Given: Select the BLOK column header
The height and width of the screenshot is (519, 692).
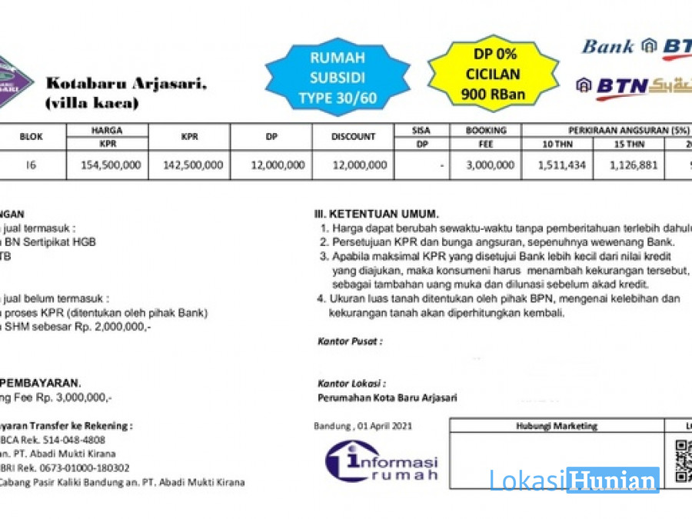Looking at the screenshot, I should pos(32,137).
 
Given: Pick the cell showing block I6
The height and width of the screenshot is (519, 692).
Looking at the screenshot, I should pos(32,165).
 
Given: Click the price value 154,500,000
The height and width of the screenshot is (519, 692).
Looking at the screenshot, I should pos(108,165).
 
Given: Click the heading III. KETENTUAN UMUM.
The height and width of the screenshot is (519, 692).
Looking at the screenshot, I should pos(376,213).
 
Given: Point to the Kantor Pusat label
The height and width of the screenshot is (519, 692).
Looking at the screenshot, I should pos(349,341).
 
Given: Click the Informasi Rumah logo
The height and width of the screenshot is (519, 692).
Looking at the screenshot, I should pos(381,461).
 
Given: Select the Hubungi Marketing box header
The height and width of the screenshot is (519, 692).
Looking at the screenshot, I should pos(557,425).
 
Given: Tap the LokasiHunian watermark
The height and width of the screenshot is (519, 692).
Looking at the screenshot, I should pos(574,481).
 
